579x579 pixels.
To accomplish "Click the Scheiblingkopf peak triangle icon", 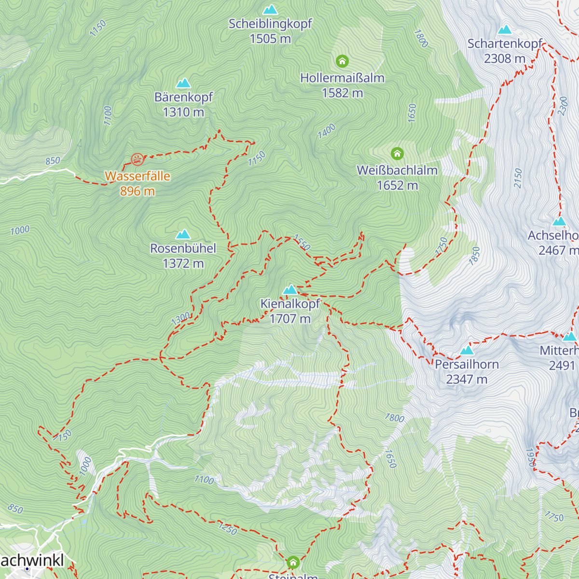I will (x=270, y=10).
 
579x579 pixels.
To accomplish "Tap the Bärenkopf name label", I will (x=183, y=97).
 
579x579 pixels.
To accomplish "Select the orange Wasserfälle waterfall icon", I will (x=137, y=159).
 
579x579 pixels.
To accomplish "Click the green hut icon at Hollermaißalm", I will (x=342, y=61).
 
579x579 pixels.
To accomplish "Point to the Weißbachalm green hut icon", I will (x=397, y=154).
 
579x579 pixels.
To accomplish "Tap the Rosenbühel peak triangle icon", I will (x=183, y=234).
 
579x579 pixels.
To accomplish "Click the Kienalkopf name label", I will (x=290, y=304).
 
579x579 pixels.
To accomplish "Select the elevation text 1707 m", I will (x=290, y=319).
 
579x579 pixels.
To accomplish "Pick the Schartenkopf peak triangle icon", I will (x=505, y=30).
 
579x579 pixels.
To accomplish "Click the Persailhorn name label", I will (x=467, y=364).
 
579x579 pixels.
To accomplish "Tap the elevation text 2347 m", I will (x=467, y=379).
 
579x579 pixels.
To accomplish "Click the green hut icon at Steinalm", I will (x=293, y=563).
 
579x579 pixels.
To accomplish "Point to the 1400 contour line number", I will (x=327, y=131).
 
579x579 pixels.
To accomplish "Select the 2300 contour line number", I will (x=563, y=106).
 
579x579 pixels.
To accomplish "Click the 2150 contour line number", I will (x=518, y=178).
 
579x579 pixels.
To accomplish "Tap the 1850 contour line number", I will (x=476, y=256).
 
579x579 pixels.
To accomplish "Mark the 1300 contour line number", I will (x=180, y=319).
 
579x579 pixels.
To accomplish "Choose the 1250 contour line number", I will (x=228, y=528).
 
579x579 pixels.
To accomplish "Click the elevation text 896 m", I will (x=138, y=191).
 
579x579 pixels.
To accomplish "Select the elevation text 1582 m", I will (x=342, y=93).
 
